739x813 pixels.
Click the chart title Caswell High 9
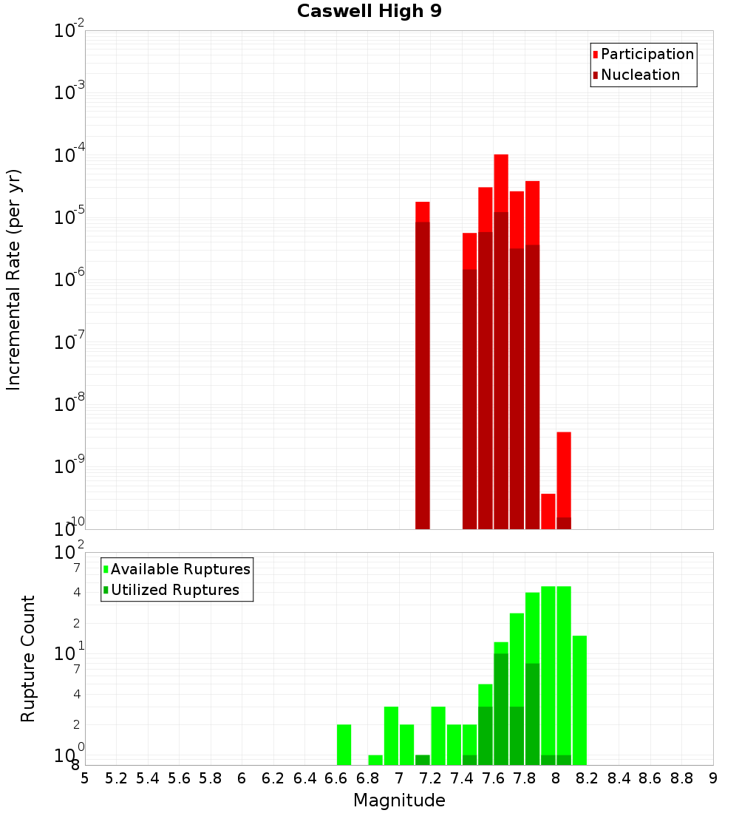coord(369,11)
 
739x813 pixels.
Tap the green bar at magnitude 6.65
coord(344,745)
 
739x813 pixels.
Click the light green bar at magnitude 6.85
coord(375,760)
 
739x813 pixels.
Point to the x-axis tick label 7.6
coord(493,778)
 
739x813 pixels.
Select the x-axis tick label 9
coord(712,778)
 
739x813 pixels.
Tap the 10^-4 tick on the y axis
coord(70,155)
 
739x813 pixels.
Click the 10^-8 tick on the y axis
coord(70,404)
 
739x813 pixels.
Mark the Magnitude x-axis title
coord(399,800)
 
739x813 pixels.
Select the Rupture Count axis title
coord(28,659)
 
